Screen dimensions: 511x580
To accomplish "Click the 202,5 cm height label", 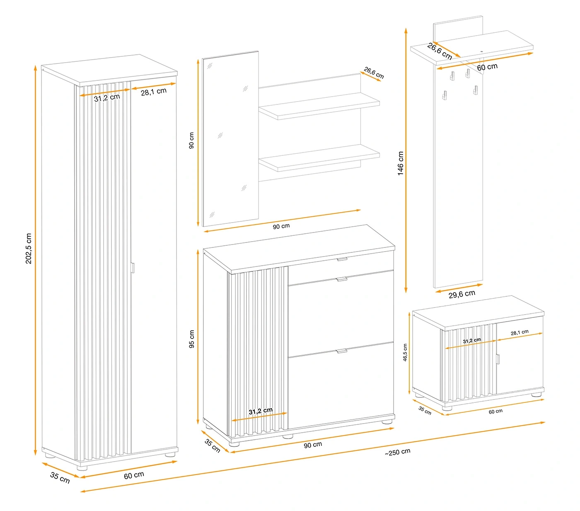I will tap(28, 249).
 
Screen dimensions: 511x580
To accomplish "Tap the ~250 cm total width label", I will tap(397, 452).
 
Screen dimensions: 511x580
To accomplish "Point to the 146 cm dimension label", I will tap(401, 163).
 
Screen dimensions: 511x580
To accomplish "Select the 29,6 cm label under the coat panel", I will tap(462, 294).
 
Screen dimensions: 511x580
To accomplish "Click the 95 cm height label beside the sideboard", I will tap(192, 339).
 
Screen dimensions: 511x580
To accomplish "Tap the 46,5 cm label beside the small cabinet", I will tap(405, 353).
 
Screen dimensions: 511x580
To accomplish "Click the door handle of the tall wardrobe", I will tap(133, 268).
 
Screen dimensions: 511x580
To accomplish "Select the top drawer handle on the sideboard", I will tap(342, 259).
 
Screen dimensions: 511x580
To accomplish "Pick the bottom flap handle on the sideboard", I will tap(342, 351).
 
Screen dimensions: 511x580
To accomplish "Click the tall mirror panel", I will tap(230, 139).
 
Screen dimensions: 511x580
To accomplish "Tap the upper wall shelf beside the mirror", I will tap(319, 106).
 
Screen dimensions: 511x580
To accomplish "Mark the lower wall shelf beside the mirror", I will tap(319, 158).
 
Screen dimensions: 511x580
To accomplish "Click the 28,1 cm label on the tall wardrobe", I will tap(154, 92).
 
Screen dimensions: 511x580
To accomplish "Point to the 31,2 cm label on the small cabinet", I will tap(472, 341).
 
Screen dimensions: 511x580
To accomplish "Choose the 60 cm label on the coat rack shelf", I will tap(487, 66).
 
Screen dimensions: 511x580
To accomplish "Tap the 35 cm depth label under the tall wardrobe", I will tap(60, 477).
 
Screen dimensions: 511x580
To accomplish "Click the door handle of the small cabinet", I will tap(498, 358).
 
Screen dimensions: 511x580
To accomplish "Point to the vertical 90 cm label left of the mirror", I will tap(191, 140).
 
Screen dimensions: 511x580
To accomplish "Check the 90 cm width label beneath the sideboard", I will tap(313, 444).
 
